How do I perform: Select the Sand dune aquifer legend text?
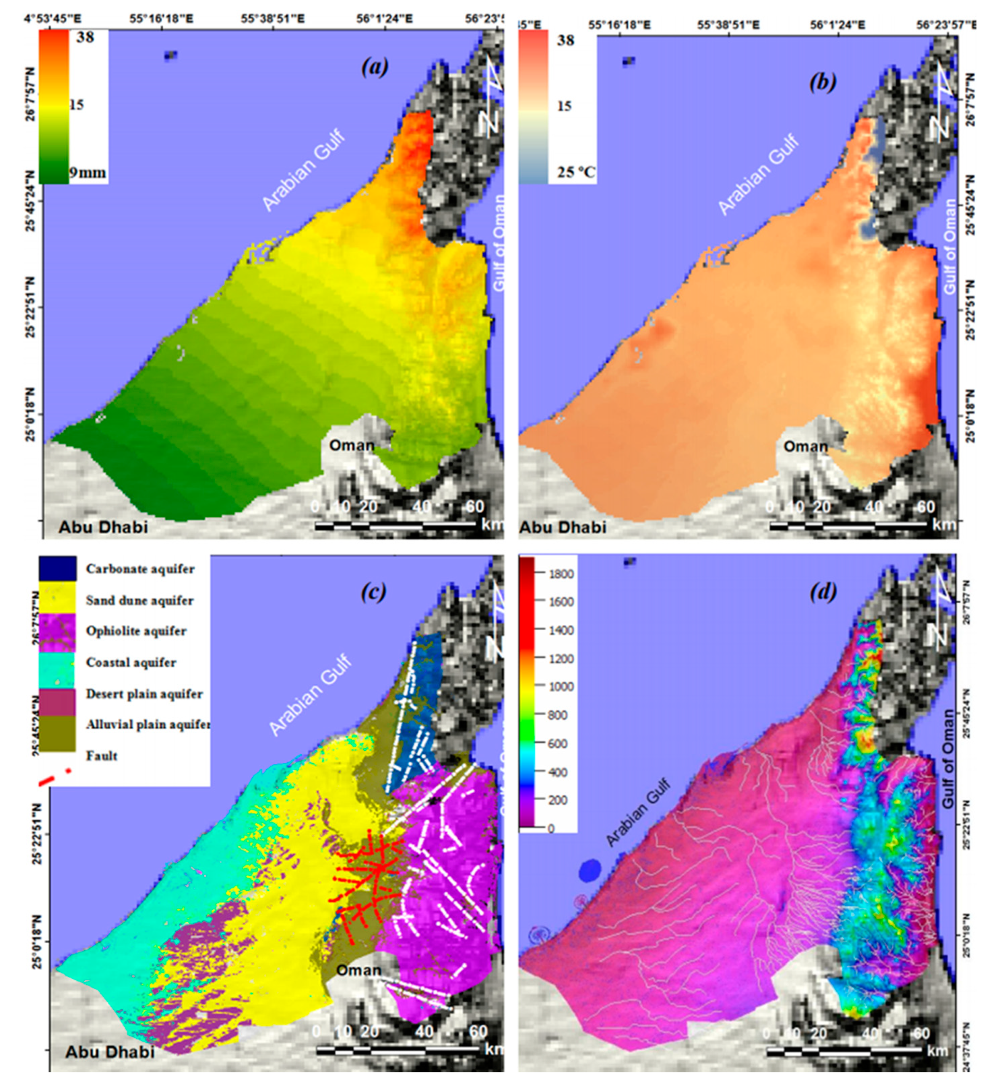[x=140, y=600]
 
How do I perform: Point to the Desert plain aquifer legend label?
[x=144, y=693]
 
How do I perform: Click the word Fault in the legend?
[x=101, y=755]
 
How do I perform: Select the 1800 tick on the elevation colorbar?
[x=562, y=573]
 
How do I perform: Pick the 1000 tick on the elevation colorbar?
[x=562, y=686]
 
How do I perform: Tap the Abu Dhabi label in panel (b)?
[x=563, y=527]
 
